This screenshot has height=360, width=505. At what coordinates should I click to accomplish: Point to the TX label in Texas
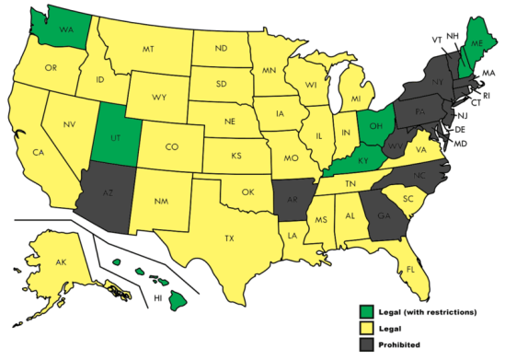[229, 237]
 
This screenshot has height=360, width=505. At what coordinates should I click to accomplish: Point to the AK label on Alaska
[61, 262]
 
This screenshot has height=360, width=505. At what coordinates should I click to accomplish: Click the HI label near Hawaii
[158, 297]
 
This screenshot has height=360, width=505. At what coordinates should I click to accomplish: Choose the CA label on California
[39, 152]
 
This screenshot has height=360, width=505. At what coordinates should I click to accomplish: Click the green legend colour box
[367, 311]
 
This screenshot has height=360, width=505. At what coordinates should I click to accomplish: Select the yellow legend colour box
[367, 327]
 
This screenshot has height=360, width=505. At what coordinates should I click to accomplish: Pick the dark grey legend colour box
[367, 343]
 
